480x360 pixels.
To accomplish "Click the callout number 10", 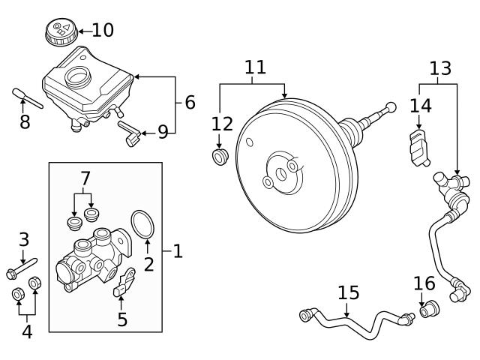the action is point(103,30).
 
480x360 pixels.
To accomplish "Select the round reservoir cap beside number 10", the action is point(61,31).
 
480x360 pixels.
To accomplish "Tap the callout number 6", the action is point(190,102).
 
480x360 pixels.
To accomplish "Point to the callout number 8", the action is point(25,121).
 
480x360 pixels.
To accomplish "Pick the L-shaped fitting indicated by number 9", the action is point(130,133).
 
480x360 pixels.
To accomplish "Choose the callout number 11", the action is point(255,67).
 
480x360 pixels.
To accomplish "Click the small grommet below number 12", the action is point(220,157).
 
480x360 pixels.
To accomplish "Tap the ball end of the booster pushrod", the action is point(391,106).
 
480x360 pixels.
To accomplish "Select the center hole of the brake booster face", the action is point(281,174).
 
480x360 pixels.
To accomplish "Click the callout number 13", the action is point(440,68).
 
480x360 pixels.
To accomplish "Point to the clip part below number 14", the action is point(419,148).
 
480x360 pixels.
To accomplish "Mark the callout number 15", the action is point(348,292).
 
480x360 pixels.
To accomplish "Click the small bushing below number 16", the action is point(429,309).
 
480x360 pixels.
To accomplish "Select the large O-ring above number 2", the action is point(142,224).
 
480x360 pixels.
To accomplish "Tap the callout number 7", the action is point(85,178).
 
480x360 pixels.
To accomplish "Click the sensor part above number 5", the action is point(124,283).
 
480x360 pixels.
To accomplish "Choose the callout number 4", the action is point(27,331).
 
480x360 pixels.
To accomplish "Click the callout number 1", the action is point(178,251).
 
